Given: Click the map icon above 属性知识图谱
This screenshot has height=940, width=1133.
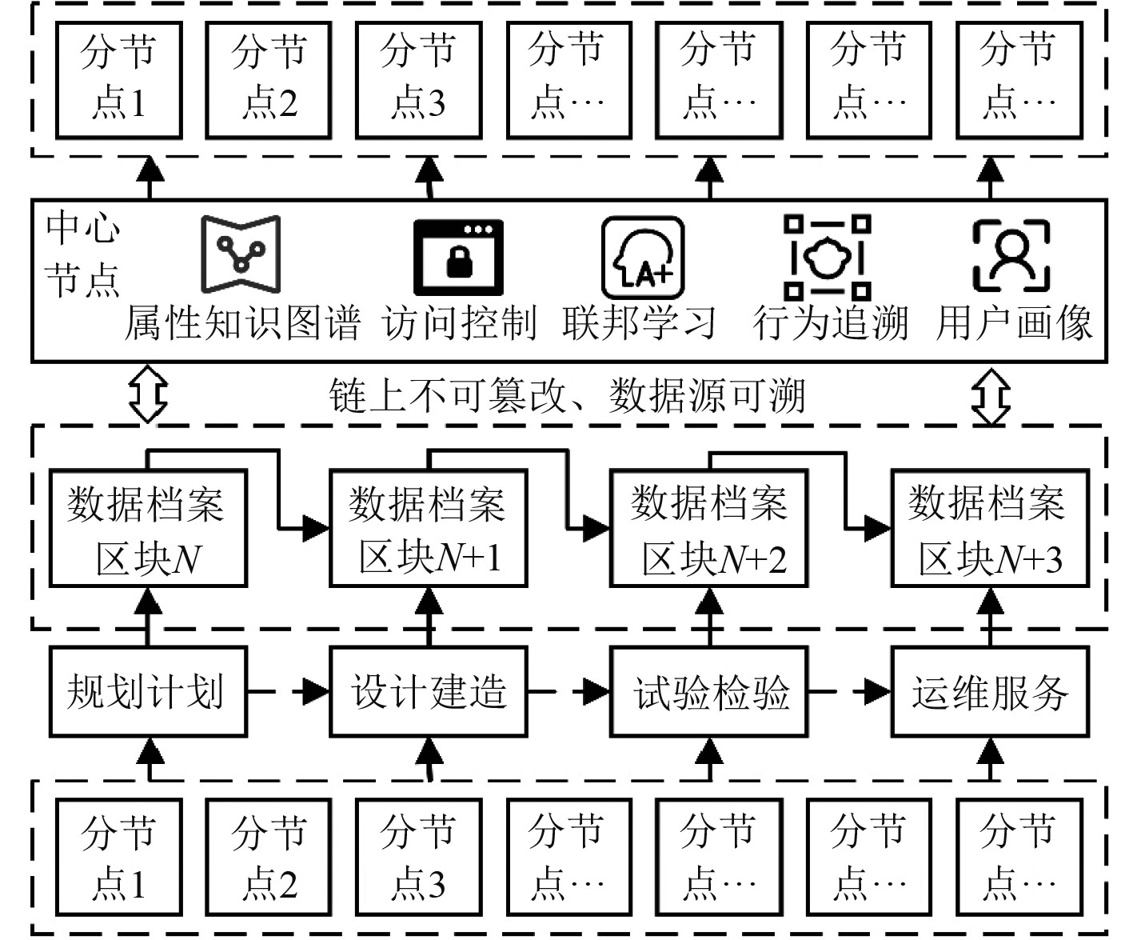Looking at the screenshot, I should [240, 255].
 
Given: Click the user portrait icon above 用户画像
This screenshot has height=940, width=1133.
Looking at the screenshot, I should [1011, 256].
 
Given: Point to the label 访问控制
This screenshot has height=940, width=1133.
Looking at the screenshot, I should [459, 324].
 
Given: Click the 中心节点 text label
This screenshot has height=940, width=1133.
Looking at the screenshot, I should [82, 254].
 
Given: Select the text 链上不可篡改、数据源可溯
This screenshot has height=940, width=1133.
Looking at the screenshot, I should [566, 396].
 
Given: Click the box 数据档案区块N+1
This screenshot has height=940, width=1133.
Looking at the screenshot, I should [429, 529].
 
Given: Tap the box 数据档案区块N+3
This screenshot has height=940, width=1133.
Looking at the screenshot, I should [990, 529].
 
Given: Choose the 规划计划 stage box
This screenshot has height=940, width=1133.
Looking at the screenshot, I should [147, 691].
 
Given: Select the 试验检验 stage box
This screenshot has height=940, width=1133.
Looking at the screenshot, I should [709, 691].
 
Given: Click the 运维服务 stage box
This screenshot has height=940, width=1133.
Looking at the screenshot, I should [990, 691].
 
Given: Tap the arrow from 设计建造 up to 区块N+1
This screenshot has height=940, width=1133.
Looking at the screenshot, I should [429, 617].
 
